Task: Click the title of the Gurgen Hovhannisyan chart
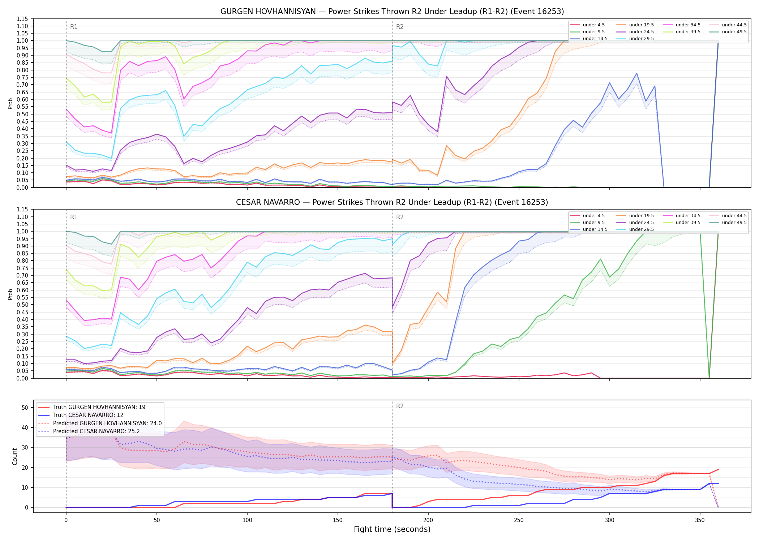click(x=392, y=12)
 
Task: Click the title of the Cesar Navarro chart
click(x=392, y=202)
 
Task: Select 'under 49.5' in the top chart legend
click(x=734, y=32)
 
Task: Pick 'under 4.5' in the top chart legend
click(x=593, y=25)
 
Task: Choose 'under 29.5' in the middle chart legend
click(x=641, y=229)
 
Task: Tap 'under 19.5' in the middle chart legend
click(x=641, y=216)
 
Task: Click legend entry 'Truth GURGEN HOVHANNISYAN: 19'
click(x=99, y=407)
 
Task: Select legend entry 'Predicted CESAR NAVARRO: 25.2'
click(x=107, y=431)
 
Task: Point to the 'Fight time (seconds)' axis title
click(x=392, y=529)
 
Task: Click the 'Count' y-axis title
click(x=15, y=456)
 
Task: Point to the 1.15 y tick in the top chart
click(x=22, y=19)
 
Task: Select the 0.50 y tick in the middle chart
click(x=22, y=305)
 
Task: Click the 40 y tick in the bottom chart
click(x=25, y=427)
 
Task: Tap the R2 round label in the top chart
click(x=400, y=27)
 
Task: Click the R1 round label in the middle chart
click(x=74, y=217)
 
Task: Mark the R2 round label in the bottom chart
click(x=400, y=406)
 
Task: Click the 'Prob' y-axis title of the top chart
click(x=10, y=103)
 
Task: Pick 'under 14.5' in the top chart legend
click(x=595, y=39)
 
